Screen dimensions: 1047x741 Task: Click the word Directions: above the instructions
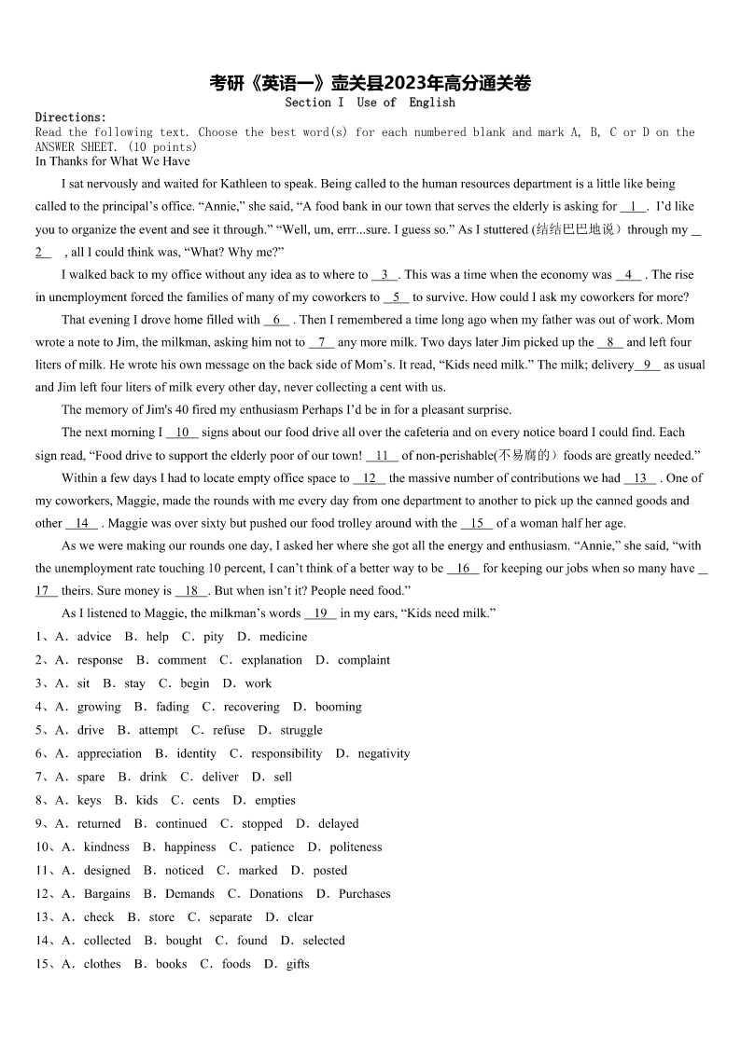point(71,117)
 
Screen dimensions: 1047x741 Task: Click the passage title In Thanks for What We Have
point(112,161)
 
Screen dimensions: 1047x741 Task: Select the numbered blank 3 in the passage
point(384,274)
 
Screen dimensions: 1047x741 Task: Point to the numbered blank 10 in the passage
point(182,433)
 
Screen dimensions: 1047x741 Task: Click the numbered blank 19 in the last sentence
point(320,613)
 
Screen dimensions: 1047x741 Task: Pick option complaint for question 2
point(364,660)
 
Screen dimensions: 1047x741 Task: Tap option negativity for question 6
point(384,753)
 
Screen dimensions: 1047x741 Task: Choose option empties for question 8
point(275,800)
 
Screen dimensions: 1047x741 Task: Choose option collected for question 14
point(107,940)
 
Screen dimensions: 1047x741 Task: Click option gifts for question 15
point(298,963)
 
